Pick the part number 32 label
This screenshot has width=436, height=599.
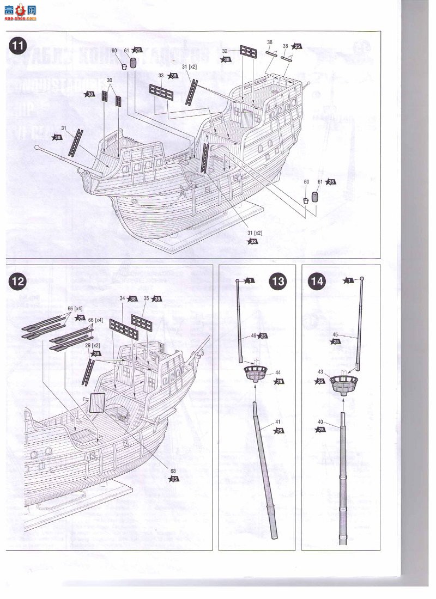point(225,51)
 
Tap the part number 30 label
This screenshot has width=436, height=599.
point(110,81)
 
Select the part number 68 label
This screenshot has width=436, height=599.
point(174,471)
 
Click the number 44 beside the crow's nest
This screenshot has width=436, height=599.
point(278,373)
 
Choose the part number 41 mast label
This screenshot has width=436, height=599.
point(278,423)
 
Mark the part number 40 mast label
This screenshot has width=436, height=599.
point(320,421)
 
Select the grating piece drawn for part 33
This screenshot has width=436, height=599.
point(161,93)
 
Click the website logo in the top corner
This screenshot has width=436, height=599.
point(20,11)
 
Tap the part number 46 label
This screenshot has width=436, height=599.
point(254,336)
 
